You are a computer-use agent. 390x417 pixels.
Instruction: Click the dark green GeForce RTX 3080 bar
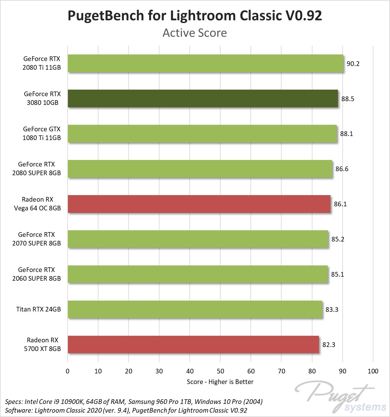203,99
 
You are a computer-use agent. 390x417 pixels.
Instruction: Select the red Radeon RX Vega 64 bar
199,204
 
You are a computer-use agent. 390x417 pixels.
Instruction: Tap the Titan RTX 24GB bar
195,309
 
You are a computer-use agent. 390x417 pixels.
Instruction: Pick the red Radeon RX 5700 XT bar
193,344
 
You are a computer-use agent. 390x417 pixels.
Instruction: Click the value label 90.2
353,64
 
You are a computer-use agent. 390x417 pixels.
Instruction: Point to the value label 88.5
348,99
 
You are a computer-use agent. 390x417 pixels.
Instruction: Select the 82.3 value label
329,345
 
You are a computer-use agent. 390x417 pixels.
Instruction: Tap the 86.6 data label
342,169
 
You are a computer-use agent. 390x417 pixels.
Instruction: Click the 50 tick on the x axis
220,371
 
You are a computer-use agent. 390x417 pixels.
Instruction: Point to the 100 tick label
373,371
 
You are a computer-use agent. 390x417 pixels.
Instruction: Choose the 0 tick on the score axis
68,371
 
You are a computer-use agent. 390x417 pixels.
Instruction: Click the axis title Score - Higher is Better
220,382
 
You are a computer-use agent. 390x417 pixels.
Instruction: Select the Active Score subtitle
195,33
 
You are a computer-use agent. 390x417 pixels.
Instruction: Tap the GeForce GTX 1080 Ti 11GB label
42,134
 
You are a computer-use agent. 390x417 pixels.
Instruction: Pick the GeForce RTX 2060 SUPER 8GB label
36,274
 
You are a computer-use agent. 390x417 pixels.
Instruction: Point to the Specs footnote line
134,401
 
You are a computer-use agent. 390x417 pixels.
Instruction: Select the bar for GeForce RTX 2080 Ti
206,63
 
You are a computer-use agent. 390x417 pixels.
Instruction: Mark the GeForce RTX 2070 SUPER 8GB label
36,239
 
